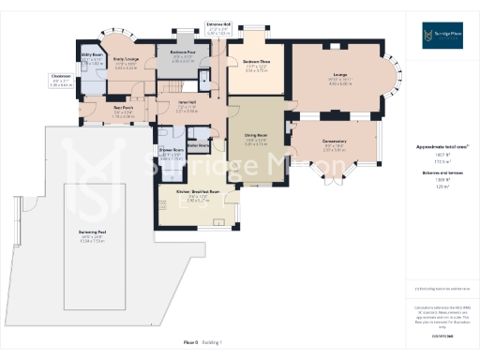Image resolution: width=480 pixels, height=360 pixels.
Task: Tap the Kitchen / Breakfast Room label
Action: pos(197,192)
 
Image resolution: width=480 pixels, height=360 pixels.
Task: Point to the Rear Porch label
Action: pos(124,108)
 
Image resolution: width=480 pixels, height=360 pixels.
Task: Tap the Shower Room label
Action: pos(171,150)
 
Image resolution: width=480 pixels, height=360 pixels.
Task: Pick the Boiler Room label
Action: pos(198,144)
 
